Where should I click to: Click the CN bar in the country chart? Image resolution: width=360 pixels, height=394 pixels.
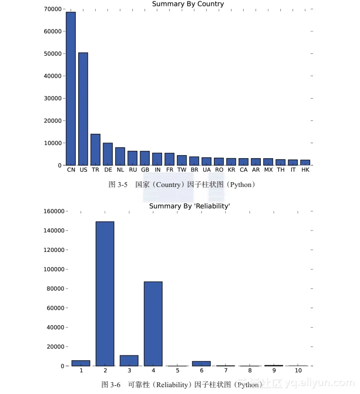click(x=71, y=88)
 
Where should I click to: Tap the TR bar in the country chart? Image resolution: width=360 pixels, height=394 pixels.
click(x=95, y=149)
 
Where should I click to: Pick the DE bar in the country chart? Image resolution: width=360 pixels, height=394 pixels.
click(x=107, y=154)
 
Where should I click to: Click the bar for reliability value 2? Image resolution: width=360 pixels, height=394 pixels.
click(x=105, y=293)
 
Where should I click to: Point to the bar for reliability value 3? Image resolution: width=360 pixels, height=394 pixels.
click(x=129, y=360)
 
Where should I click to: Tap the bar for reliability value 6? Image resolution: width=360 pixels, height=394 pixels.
click(x=201, y=363)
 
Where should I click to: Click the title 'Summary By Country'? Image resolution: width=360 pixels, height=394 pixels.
click(x=188, y=4)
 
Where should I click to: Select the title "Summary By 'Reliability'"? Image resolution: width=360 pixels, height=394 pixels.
click(x=190, y=206)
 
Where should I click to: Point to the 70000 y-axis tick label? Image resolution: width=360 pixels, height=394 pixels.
click(x=52, y=9)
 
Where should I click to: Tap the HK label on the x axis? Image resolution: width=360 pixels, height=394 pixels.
click(x=305, y=170)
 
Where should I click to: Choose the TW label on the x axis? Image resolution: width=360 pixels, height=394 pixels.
click(x=182, y=170)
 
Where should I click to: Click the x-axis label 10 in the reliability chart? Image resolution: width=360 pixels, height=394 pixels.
click(x=298, y=371)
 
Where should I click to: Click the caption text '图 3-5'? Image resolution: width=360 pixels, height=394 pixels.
click(x=118, y=185)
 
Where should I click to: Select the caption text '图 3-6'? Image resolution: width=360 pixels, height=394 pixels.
click(x=111, y=385)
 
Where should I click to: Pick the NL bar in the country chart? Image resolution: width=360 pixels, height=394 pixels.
click(x=120, y=156)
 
